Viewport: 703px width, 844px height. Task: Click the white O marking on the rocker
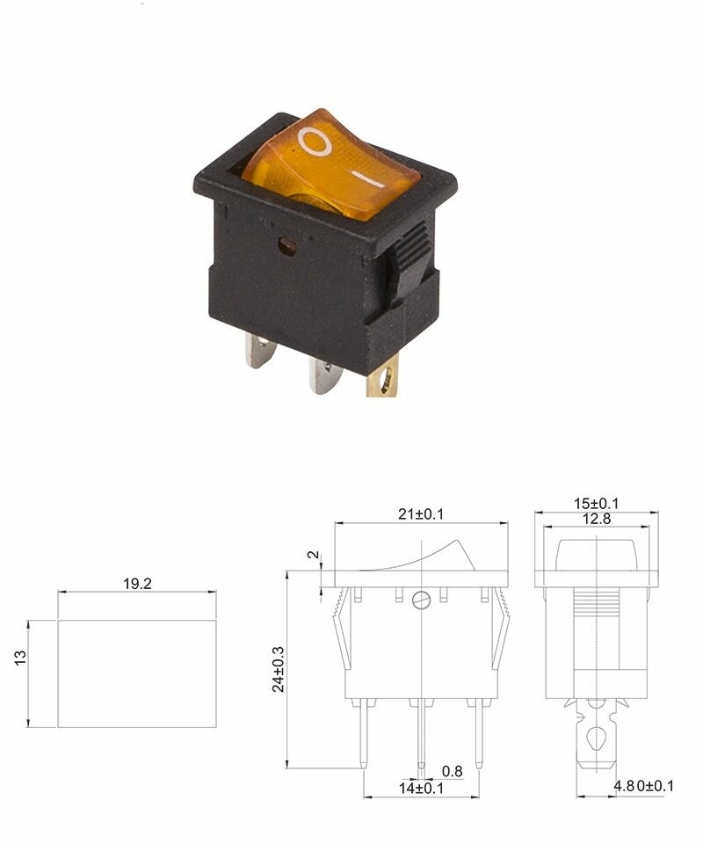click(315, 141)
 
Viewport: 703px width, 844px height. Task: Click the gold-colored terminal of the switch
click(388, 380)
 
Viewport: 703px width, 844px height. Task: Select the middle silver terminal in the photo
click(323, 375)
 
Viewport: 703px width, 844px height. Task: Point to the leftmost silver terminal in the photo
click(261, 353)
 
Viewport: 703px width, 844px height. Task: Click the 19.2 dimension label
click(136, 583)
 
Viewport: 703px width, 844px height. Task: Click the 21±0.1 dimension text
click(421, 514)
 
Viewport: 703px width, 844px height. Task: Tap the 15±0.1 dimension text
click(597, 503)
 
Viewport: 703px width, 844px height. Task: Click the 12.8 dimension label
click(597, 519)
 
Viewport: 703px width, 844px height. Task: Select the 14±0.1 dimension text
click(422, 789)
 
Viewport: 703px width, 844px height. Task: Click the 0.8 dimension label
click(452, 771)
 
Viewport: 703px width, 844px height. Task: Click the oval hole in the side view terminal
click(597, 737)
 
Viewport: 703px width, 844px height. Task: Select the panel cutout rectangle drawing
click(136, 673)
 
